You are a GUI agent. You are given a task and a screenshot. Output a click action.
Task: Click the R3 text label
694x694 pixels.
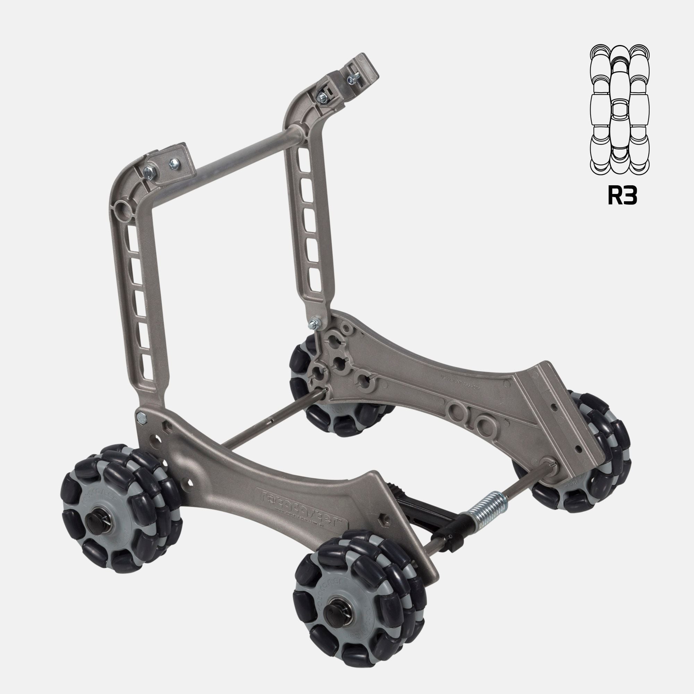(622, 196)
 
